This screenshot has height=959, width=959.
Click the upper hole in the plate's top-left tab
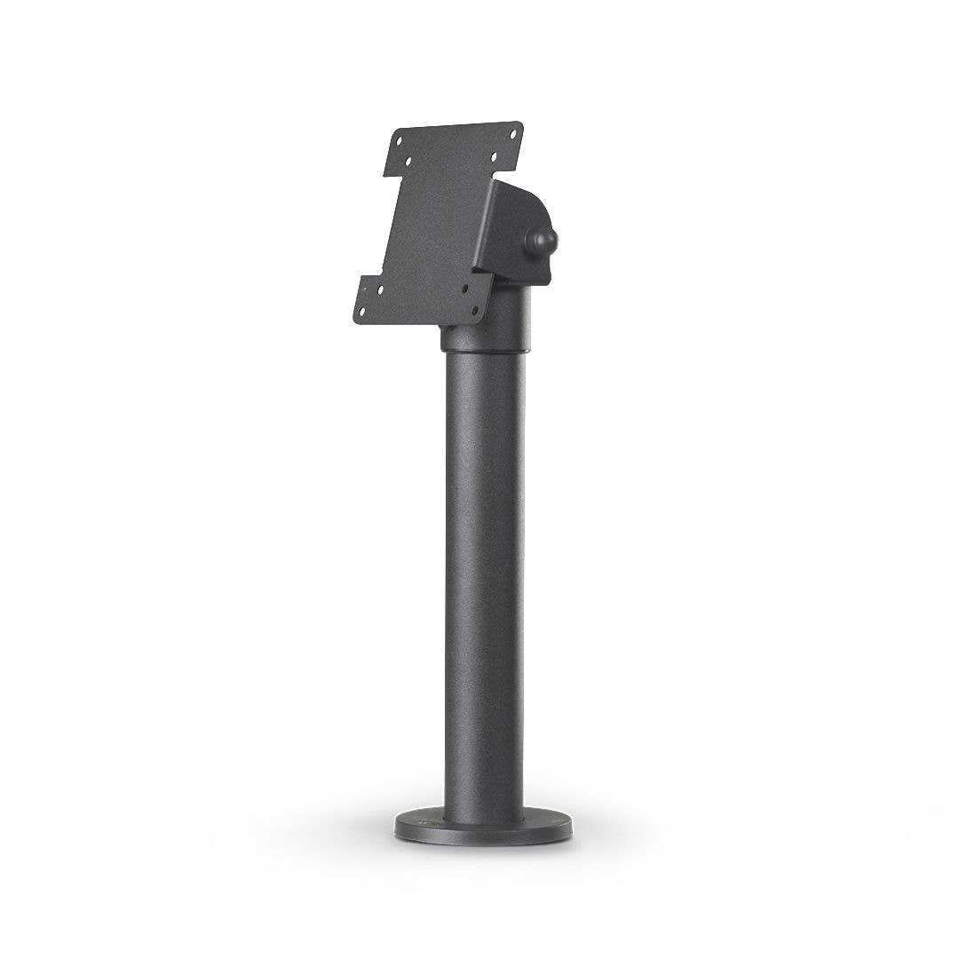click(399, 141)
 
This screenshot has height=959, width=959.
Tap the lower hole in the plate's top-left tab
click(408, 162)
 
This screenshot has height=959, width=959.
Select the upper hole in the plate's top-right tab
click(513, 134)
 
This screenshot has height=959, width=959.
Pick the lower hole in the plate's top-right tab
click(494, 157)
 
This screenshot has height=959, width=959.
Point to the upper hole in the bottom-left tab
click(380, 289)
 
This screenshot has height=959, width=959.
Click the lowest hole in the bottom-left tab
click(362, 312)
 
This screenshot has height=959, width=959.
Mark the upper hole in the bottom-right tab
click(465, 289)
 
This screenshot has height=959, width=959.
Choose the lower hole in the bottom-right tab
click(475, 311)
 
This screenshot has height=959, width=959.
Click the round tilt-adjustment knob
click(541, 242)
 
